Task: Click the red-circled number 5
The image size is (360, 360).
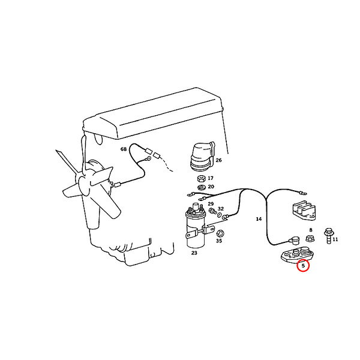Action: [x=303, y=266]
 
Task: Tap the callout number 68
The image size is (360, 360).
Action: [x=124, y=149]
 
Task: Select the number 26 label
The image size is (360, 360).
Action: [x=218, y=160]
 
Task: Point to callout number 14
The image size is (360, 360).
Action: [x=259, y=219]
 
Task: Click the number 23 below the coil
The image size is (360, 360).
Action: [x=194, y=253]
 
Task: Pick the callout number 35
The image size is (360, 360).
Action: [x=219, y=241]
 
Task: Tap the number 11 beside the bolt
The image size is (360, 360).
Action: [x=335, y=239]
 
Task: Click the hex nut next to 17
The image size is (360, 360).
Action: [x=202, y=178]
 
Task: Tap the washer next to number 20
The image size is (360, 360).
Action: [x=202, y=187]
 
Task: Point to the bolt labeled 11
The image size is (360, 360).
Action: [x=329, y=236]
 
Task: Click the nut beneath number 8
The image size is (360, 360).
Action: [x=310, y=238]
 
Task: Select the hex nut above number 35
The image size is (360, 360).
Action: [x=220, y=233]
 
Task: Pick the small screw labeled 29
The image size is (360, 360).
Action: [x=212, y=211]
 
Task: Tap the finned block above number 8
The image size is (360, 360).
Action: [x=304, y=211]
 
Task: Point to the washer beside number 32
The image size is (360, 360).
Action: [x=219, y=215]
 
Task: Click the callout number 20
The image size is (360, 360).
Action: [x=211, y=187]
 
